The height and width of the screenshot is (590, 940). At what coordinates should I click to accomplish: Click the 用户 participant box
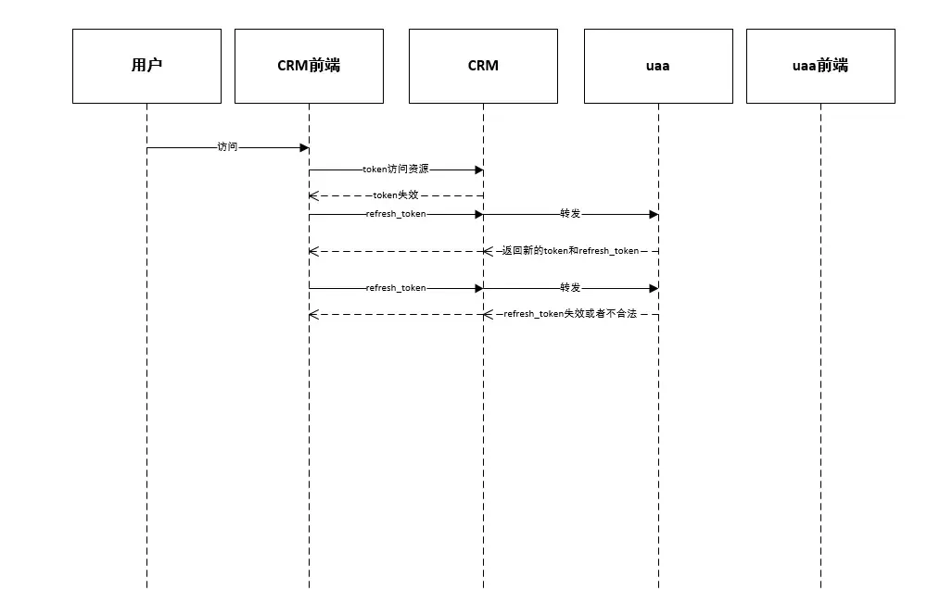pyautogui.click(x=146, y=66)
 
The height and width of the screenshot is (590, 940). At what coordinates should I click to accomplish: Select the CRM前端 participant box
pyautogui.click(x=309, y=66)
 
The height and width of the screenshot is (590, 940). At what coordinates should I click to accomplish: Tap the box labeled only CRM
pyautogui.click(x=483, y=66)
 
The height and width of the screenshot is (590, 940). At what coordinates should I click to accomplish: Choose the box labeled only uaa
pyautogui.click(x=658, y=66)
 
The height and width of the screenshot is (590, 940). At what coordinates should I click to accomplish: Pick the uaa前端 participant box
pyautogui.click(x=820, y=66)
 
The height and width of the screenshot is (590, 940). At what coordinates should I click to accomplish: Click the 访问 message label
pyautogui.click(x=227, y=147)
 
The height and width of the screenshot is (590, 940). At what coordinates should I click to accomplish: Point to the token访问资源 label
pyautogui.click(x=396, y=170)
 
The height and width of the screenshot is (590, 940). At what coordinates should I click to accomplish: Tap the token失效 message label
pyautogui.click(x=396, y=195)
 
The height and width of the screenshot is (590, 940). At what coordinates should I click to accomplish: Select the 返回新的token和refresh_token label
pyautogui.click(x=570, y=251)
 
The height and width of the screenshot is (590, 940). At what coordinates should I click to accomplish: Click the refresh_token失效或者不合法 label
pyautogui.click(x=570, y=314)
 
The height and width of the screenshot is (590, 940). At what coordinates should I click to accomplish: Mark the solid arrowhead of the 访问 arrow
pyautogui.click(x=304, y=147)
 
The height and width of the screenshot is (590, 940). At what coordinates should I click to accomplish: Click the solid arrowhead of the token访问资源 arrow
pyautogui.click(x=478, y=170)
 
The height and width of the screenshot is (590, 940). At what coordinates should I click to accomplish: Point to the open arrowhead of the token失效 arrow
pyautogui.click(x=313, y=195)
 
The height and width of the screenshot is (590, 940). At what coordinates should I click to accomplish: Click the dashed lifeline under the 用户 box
pyautogui.click(x=146, y=417)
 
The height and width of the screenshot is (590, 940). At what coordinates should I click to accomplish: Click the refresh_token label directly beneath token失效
pyautogui.click(x=396, y=214)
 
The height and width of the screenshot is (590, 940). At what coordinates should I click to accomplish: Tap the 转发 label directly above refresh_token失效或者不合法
pyautogui.click(x=570, y=288)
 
